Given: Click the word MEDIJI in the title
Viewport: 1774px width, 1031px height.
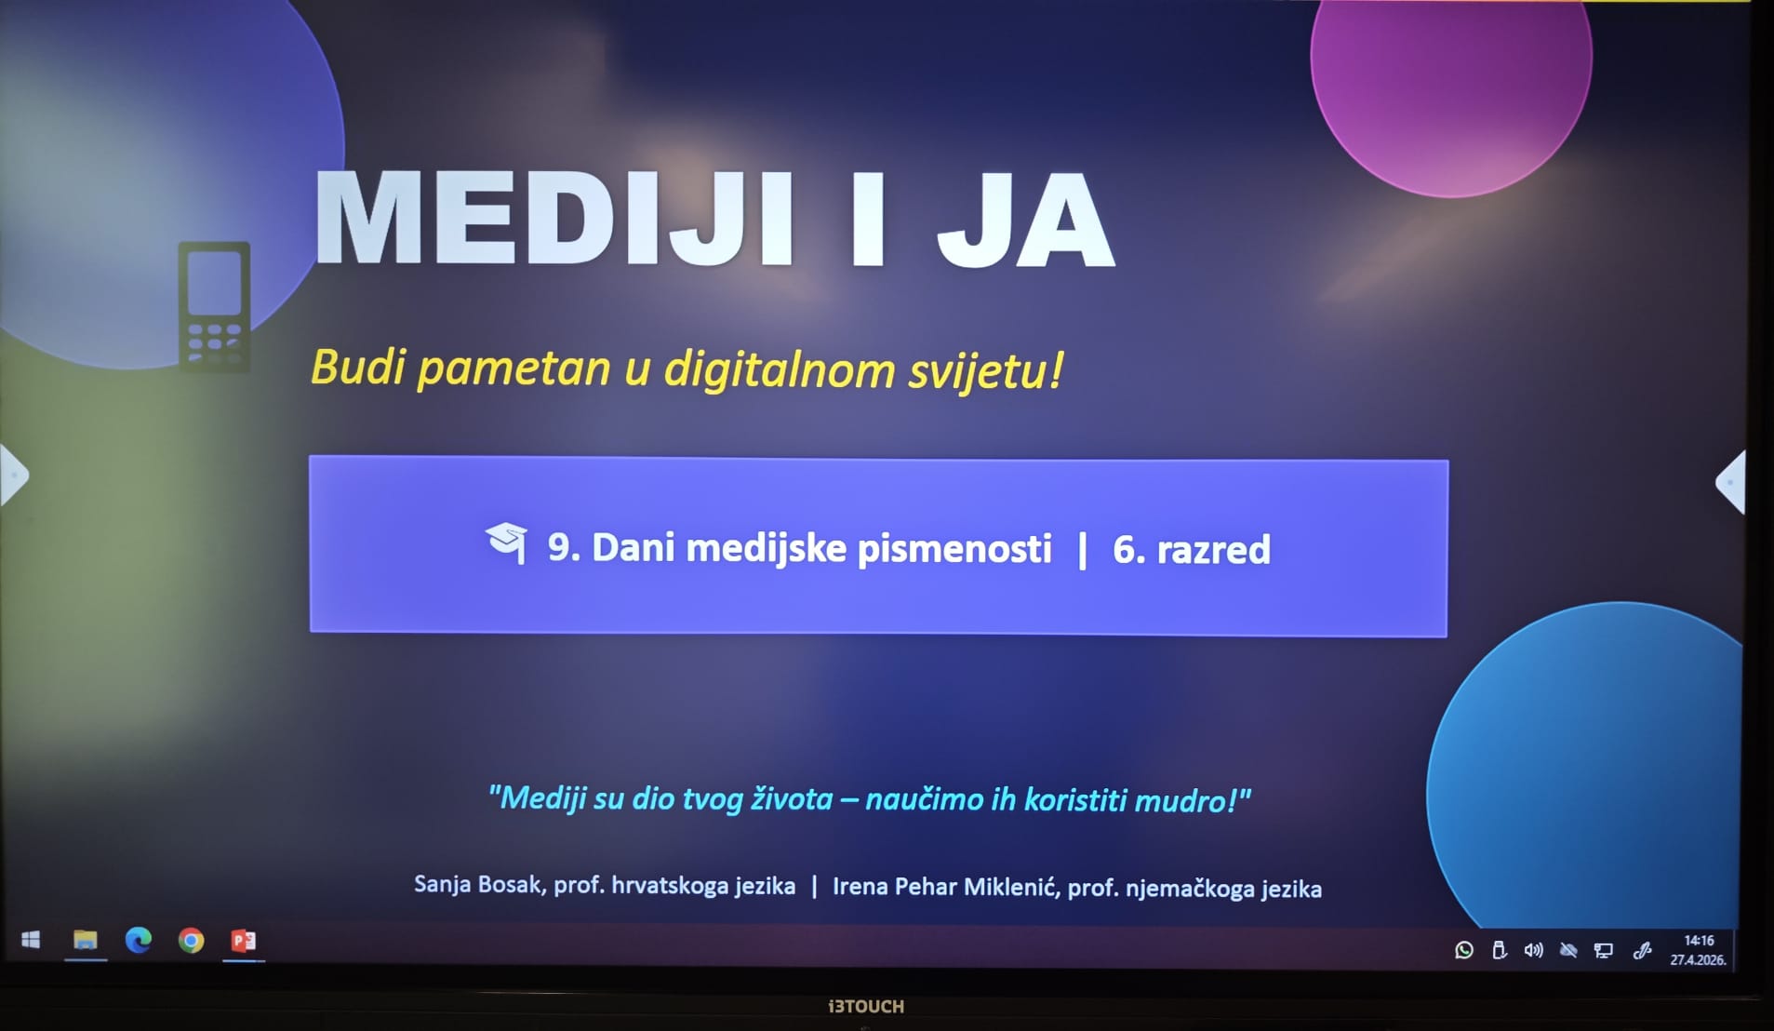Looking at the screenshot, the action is [x=555, y=220].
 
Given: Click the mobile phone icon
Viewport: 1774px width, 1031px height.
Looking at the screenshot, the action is [x=214, y=307].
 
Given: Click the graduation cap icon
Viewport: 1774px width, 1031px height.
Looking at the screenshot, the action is [x=507, y=542].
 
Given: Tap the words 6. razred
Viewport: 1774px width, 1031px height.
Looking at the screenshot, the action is [x=1191, y=549].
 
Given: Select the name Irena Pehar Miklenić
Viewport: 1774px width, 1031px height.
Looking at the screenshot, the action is [x=945, y=886].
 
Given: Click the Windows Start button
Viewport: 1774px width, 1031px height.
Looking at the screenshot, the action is [x=31, y=940].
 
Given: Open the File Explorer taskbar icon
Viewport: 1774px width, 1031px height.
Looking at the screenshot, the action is [x=86, y=940].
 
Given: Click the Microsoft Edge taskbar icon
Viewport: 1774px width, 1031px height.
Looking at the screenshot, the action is [x=139, y=940].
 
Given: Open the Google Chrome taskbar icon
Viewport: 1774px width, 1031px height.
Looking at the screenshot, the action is [x=192, y=941].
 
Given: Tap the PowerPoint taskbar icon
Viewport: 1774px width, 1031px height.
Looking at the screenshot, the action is [x=244, y=941].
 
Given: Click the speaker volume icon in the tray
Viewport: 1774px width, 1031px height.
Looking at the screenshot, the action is [x=1533, y=950].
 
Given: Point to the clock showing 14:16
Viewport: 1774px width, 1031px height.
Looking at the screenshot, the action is [x=1699, y=941].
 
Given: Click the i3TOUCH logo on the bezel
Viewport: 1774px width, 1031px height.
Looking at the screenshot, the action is [x=866, y=1006].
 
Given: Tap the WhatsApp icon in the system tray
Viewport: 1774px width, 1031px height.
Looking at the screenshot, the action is [x=1464, y=950].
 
